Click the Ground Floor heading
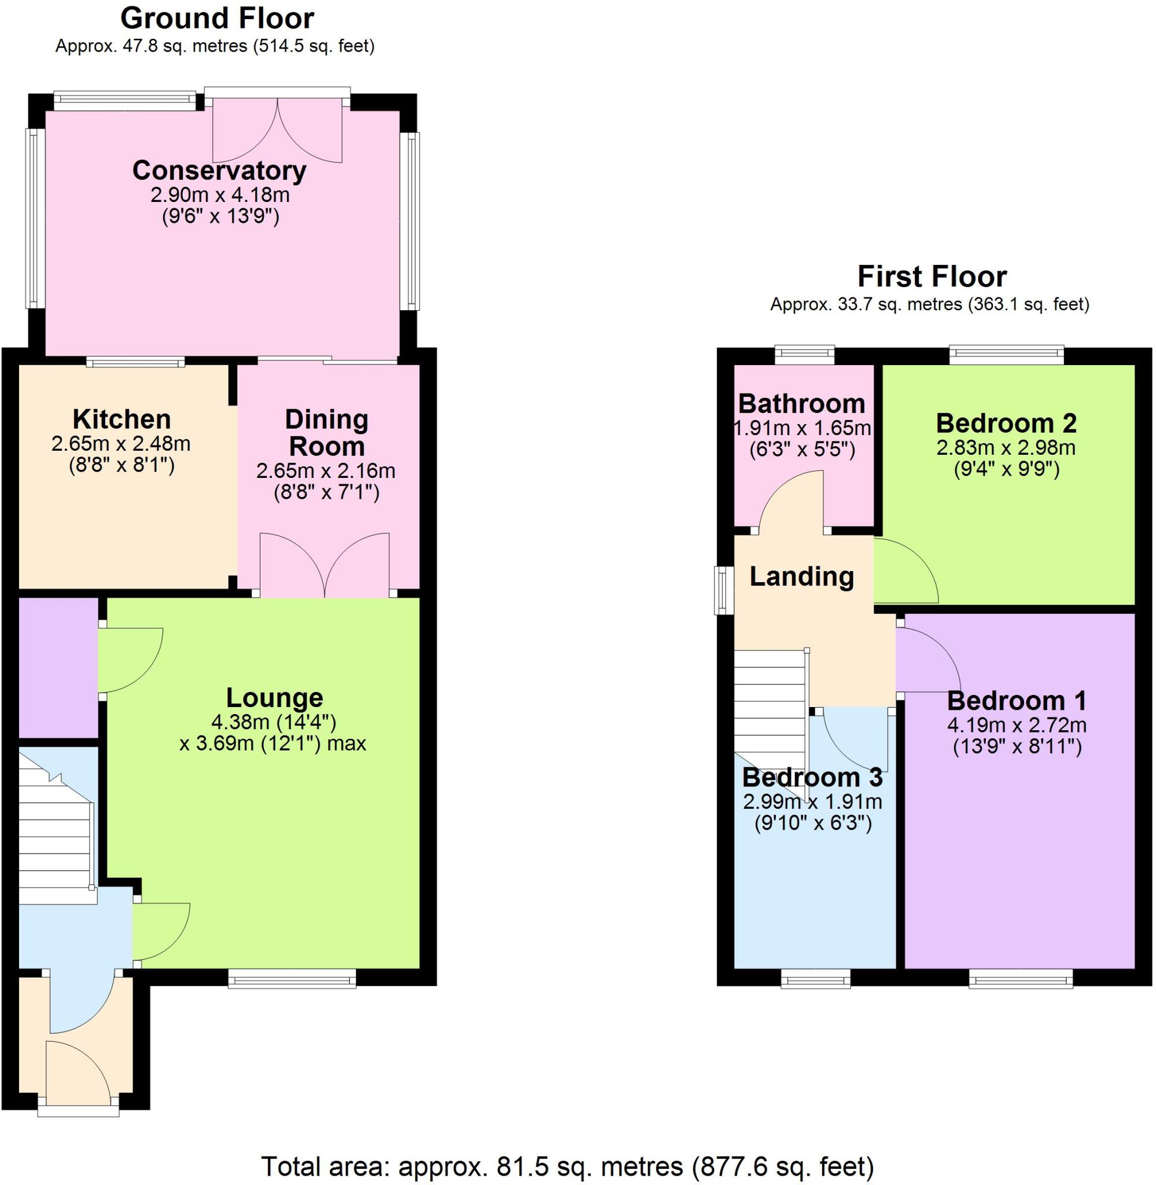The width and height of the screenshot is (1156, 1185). point(218,18)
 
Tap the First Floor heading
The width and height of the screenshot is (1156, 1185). point(932,277)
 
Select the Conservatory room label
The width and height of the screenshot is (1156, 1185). point(219,171)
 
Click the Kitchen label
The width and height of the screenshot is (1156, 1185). point(122,419)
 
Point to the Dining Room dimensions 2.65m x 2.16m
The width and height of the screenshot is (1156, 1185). point(326,470)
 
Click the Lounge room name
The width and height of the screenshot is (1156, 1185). point(274,698)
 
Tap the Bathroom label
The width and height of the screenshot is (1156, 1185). point(801,404)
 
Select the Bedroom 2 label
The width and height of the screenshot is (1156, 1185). point(1006,423)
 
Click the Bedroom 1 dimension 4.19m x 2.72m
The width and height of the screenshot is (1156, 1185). point(1017,725)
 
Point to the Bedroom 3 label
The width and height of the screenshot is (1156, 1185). point(812,777)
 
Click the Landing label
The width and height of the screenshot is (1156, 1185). point(801,576)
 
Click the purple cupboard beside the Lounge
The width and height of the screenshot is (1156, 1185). point(58,667)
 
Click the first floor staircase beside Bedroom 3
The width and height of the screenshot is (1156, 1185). point(770,716)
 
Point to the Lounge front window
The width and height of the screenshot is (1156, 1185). point(292,977)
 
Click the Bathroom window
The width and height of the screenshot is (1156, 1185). point(805,355)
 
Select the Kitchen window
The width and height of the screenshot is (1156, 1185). point(135,362)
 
